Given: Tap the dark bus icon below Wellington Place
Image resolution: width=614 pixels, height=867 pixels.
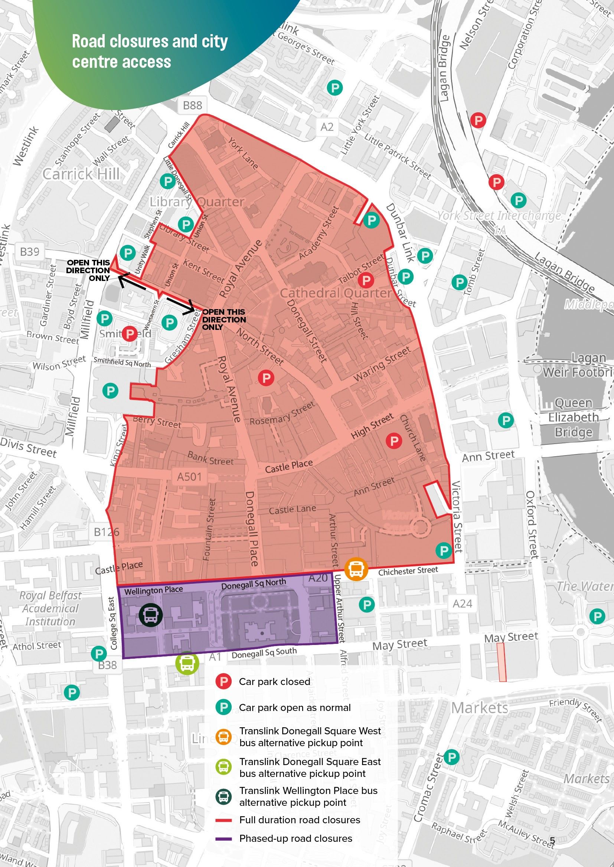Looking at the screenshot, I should pyautogui.click(x=150, y=614).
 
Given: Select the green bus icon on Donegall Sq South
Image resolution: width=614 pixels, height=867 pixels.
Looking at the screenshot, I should pyautogui.click(x=187, y=663).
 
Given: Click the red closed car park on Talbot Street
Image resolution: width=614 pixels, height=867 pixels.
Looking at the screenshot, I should pyautogui.click(x=366, y=281).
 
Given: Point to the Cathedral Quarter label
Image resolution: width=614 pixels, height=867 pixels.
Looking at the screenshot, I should pyautogui.click(x=336, y=294).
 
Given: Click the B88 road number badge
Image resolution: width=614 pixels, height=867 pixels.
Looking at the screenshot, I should pyautogui.click(x=192, y=105).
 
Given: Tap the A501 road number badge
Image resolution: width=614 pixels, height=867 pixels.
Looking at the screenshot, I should pyautogui.click(x=189, y=477).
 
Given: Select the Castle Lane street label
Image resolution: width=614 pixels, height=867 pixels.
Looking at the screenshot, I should pyautogui.click(x=292, y=509).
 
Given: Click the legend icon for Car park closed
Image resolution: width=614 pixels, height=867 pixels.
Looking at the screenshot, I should pyautogui.click(x=223, y=682).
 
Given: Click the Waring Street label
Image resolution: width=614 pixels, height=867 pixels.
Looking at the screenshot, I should pyautogui.click(x=382, y=364).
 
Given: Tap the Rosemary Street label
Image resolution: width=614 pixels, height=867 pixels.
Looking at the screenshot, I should pyautogui.click(x=282, y=413).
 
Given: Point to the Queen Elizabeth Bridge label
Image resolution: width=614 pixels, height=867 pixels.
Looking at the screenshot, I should pyautogui.click(x=573, y=417).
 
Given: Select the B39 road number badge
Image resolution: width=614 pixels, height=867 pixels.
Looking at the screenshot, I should pyautogui.click(x=29, y=251).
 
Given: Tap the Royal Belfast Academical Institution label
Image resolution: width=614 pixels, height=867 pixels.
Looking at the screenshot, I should pyautogui.click(x=50, y=608).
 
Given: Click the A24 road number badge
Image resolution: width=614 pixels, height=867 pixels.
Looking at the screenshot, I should pyautogui.click(x=462, y=603).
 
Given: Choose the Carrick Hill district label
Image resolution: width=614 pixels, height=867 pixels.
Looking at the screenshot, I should pyautogui.click(x=81, y=174).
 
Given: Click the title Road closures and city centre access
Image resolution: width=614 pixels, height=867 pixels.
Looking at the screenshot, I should pyautogui.click(x=150, y=52).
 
